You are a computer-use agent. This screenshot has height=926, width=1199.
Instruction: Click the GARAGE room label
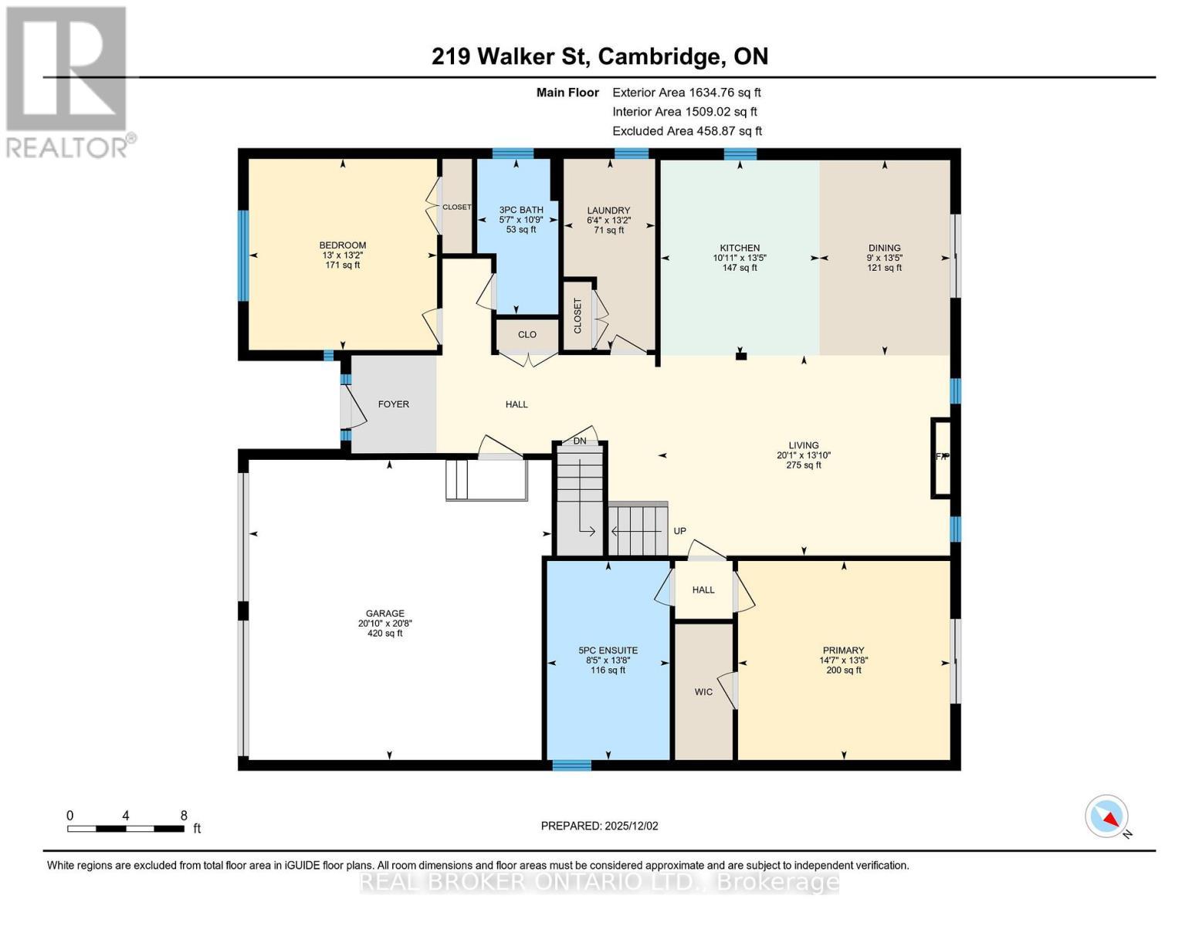pyautogui.click(x=385, y=614)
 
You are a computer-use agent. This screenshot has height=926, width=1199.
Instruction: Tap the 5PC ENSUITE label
pyautogui.click(x=608, y=651)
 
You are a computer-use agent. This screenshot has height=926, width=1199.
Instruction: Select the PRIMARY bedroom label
pyautogui.click(x=843, y=651)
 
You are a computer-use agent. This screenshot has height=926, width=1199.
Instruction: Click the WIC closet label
pyautogui.click(x=703, y=692)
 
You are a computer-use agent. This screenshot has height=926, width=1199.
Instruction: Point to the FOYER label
pyautogui.click(x=393, y=404)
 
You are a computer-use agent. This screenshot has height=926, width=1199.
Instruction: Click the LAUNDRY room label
pyautogui.click(x=608, y=211)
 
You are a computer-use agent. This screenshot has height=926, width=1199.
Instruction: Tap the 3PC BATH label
pyautogui.click(x=520, y=210)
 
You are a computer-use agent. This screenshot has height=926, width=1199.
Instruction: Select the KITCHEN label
pyautogui.click(x=740, y=248)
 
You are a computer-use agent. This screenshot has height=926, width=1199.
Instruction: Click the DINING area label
pyautogui.click(x=884, y=248)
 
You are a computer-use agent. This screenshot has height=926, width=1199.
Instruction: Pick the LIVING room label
pyautogui.click(x=803, y=445)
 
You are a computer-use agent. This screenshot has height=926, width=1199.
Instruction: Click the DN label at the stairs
pyautogui.click(x=580, y=441)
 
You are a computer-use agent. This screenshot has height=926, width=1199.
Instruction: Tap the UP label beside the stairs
pyautogui.click(x=679, y=531)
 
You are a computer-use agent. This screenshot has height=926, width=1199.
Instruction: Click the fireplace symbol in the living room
pyautogui.click(x=941, y=457)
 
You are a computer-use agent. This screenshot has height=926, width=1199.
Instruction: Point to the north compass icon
pyautogui.click(x=1107, y=816)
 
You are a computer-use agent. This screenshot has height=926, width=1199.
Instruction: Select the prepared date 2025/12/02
pyautogui.click(x=599, y=826)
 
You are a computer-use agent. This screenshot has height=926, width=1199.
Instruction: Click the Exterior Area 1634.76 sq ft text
pyautogui.click(x=686, y=93)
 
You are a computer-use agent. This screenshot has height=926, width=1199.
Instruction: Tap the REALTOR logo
pyautogui.click(x=67, y=81)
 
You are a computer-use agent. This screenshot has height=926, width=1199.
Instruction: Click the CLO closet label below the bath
pyautogui.click(x=527, y=335)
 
